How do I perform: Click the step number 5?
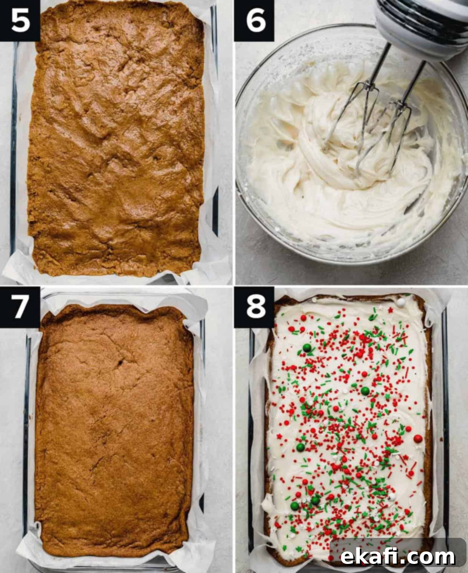point(20,21)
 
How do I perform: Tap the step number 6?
point(256,21)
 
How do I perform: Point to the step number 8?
point(256,307)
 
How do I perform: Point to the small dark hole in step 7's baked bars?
point(120,362)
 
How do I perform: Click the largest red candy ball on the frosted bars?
point(418,438)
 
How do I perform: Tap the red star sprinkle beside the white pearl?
point(391,310)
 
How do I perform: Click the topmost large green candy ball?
point(307,348)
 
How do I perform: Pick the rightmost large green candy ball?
point(365,391)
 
